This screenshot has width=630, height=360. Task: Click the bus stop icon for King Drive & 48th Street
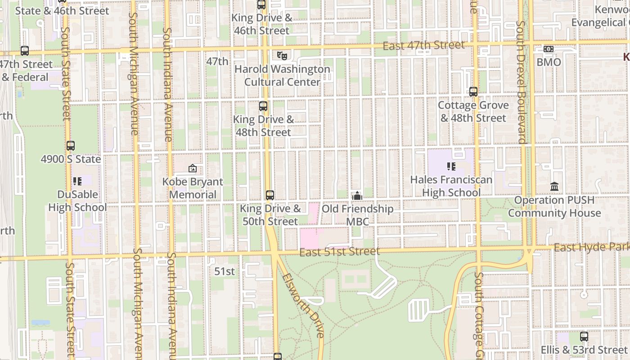(263, 107)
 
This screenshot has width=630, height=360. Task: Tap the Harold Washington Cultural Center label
(282, 76)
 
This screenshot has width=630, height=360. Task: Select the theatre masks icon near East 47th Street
(282, 55)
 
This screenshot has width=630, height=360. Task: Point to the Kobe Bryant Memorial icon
(193, 169)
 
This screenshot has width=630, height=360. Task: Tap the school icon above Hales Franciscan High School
(451, 166)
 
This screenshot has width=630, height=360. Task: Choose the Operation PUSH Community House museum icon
(554, 186)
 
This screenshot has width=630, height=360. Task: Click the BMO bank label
(549, 62)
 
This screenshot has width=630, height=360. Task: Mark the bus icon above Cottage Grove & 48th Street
(473, 92)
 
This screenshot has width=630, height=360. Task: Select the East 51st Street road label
(339, 252)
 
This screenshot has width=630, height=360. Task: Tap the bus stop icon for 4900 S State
(71, 146)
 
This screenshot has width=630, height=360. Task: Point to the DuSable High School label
(77, 201)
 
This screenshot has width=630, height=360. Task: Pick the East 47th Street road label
(423, 45)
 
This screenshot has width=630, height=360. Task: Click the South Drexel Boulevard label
(521, 82)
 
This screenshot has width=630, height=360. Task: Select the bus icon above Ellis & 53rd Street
(584, 336)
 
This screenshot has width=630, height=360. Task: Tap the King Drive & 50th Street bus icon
(270, 195)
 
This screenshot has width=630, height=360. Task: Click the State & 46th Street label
(62, 11)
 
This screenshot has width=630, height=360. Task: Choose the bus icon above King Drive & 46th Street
(261, 5)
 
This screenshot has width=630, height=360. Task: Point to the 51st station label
(225, 271)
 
